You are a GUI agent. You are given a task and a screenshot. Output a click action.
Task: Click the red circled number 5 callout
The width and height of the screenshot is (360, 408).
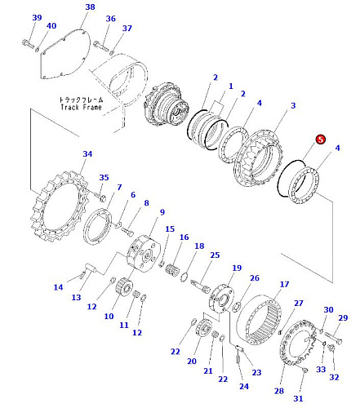click(x=321, y=140)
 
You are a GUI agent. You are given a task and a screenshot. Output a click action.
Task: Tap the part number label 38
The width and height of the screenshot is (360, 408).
click(x=90, y=7)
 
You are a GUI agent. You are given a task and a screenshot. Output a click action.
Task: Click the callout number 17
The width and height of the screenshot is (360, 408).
click(x=284, y=284)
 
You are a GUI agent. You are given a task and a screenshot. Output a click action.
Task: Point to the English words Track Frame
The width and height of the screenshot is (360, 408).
click(x=81, y=107)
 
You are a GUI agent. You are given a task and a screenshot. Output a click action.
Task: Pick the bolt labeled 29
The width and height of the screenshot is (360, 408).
click(x=334, y=338)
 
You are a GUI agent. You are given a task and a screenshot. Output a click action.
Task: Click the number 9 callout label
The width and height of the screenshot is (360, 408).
click(x=162, y=212)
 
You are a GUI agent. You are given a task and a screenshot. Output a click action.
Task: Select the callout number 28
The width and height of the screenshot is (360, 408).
click(x=279, y=391)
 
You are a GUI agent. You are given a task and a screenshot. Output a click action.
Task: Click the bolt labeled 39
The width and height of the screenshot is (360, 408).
click(x=28, y=44)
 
